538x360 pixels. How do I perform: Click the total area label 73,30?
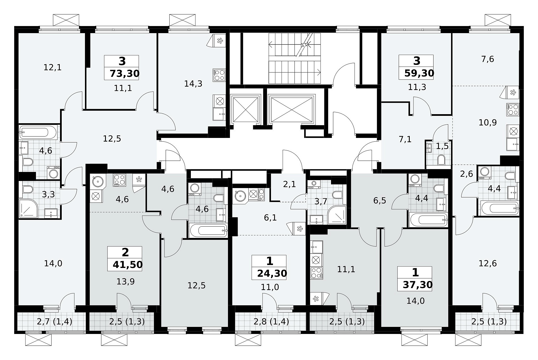coord(125,74)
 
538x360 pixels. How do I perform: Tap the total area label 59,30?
coord(419,73)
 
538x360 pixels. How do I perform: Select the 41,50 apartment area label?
coord(128,265)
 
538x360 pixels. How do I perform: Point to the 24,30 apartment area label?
coord(272,273)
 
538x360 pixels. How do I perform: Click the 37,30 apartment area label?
coord(418,284)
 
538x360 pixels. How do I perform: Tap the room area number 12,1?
coord(53,67)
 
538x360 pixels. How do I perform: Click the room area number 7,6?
coord(488,59)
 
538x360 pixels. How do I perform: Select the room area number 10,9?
coord(488,122)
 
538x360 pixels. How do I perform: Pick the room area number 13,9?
coord(125,281)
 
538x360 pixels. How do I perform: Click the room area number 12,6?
coord(488,263)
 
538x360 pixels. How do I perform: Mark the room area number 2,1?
coord(289,184)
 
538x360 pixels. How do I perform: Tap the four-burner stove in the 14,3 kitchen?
coord(219,75)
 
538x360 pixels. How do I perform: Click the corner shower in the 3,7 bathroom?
coord(337,215)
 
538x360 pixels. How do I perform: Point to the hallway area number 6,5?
coord(380,201)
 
